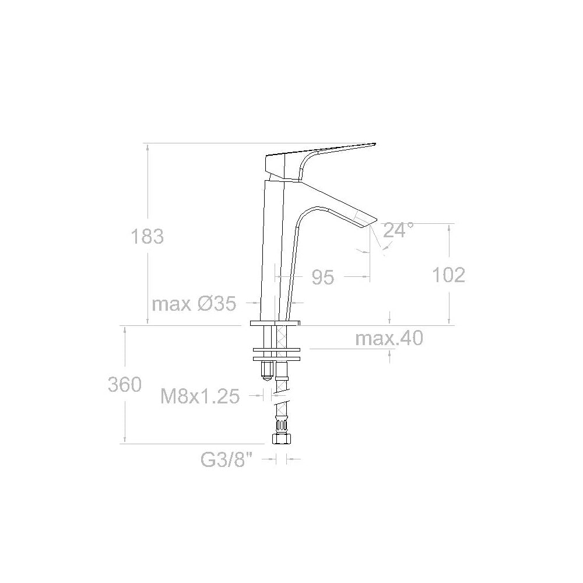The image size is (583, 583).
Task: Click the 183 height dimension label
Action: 147,237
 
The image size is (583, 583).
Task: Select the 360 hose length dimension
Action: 124,385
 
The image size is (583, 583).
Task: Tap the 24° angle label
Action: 398,230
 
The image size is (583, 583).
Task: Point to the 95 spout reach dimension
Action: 322,278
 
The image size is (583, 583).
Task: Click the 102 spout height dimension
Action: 448,275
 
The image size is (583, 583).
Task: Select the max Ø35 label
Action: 194,304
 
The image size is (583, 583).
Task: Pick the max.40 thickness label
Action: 389,338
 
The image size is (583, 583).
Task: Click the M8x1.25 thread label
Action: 200,397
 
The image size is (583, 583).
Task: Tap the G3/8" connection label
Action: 229,460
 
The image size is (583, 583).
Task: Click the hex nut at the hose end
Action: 281,438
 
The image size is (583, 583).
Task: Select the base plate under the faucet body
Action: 275,322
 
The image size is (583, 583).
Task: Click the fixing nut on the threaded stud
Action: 267,369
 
